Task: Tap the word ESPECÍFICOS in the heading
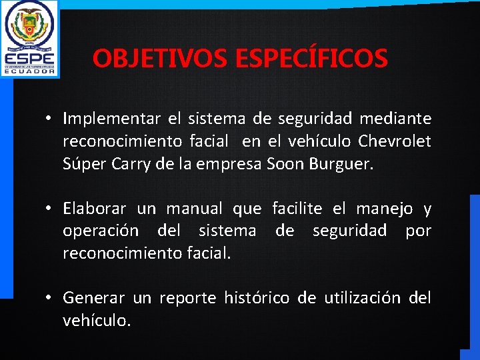click(311, 59)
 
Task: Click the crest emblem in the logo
click(29, 25)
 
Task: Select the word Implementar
click(111, 119)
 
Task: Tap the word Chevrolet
click(395, 141)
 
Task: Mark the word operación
click(101, 231)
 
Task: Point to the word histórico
click(257, 298)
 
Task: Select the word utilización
click(362, 298)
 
